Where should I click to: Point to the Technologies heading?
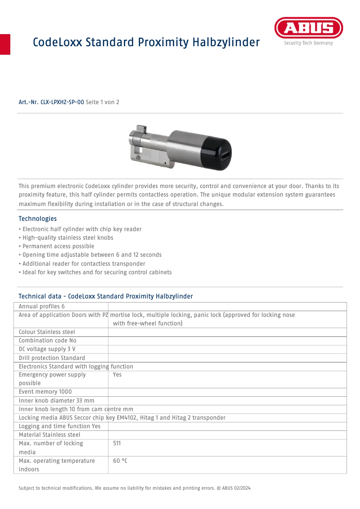(x=38, y=219)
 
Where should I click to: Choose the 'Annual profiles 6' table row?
(x=42, y=306)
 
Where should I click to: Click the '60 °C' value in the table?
(x=120, y=461)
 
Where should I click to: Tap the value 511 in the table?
(x=117, y=443)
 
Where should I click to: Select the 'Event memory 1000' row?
(x=45, y=392)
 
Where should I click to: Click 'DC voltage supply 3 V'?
(x=47, y=349)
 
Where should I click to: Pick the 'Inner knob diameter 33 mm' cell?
(x=57, y=400)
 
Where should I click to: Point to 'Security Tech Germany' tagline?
(x=308, y=43)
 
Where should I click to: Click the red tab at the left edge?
(x=5, y=44)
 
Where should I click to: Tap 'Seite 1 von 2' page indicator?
(x=102, y=102)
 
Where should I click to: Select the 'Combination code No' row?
(x=48, y=341)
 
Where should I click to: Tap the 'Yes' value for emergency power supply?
(x=117, y=375)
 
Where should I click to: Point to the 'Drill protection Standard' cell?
(x=52, y=358)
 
